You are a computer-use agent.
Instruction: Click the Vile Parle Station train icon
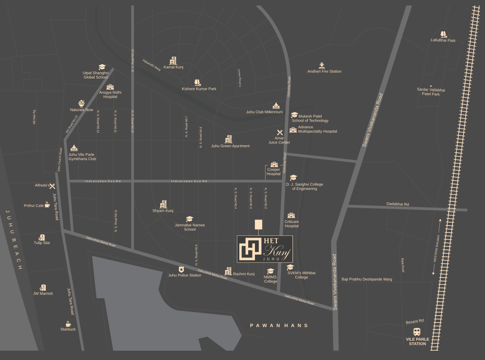click(x=417, y=332)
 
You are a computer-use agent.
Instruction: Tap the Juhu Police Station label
click(x=184, y=275)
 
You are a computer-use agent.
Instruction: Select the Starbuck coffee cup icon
click(x=68, y=324)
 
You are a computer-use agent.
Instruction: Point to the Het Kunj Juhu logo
click(x=265, y=249)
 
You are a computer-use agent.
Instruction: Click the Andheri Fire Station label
click(x=324, y=71)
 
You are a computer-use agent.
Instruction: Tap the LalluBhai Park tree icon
click(x=443, y=34)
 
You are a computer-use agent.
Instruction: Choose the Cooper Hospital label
click(x=274, y=172)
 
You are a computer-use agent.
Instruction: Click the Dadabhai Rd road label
click(x=398, y=204)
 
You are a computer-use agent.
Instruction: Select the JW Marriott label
click(x=43, y=293)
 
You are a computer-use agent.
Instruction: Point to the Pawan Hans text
click(x=279, y=325)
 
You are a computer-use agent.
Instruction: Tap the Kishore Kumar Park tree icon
click(x=198, y=82)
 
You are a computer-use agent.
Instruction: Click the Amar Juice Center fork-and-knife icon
click(x=279, y=133)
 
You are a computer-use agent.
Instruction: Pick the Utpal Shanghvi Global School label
click(x=95, y=75)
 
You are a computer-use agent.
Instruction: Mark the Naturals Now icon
click(x=81, y=103)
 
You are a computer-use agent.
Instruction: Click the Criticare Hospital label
click(x=292, y=224)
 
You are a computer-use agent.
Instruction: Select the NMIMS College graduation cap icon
click(x=271, y=271)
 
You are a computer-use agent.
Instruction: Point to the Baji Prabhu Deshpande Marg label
click(x=367, y=279)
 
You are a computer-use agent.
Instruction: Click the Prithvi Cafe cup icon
click(x=47, y=205)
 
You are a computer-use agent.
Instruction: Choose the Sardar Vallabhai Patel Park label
click(x=431, y=92)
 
